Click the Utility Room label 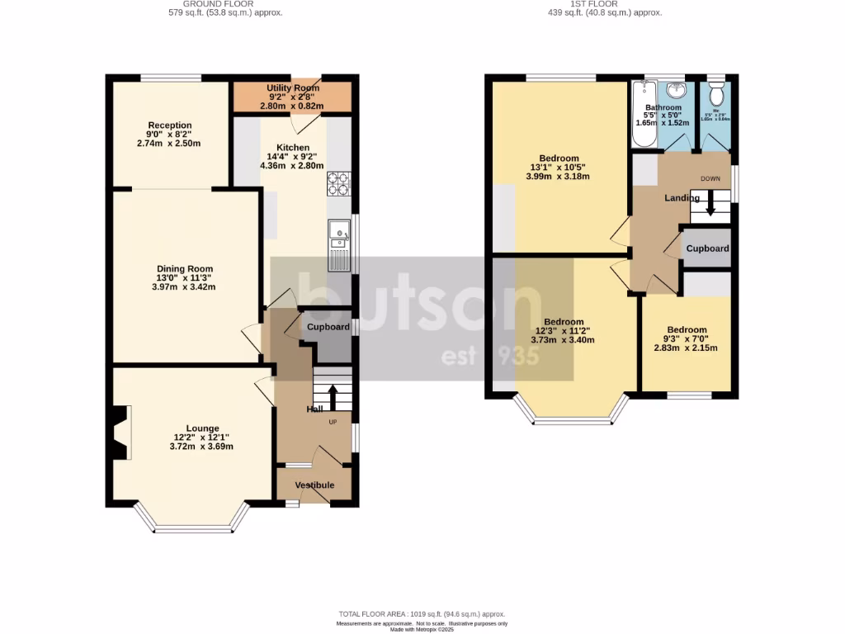[293, 88]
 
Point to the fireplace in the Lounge [120, 433]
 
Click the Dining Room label [185, 269]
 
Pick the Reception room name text [169, 125]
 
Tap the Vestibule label [314, 485]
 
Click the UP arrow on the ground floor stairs [333, 397]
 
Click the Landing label [682, 198]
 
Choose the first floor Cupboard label [707, 248]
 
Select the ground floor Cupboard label [328, 328]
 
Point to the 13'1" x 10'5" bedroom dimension [559, 169]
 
